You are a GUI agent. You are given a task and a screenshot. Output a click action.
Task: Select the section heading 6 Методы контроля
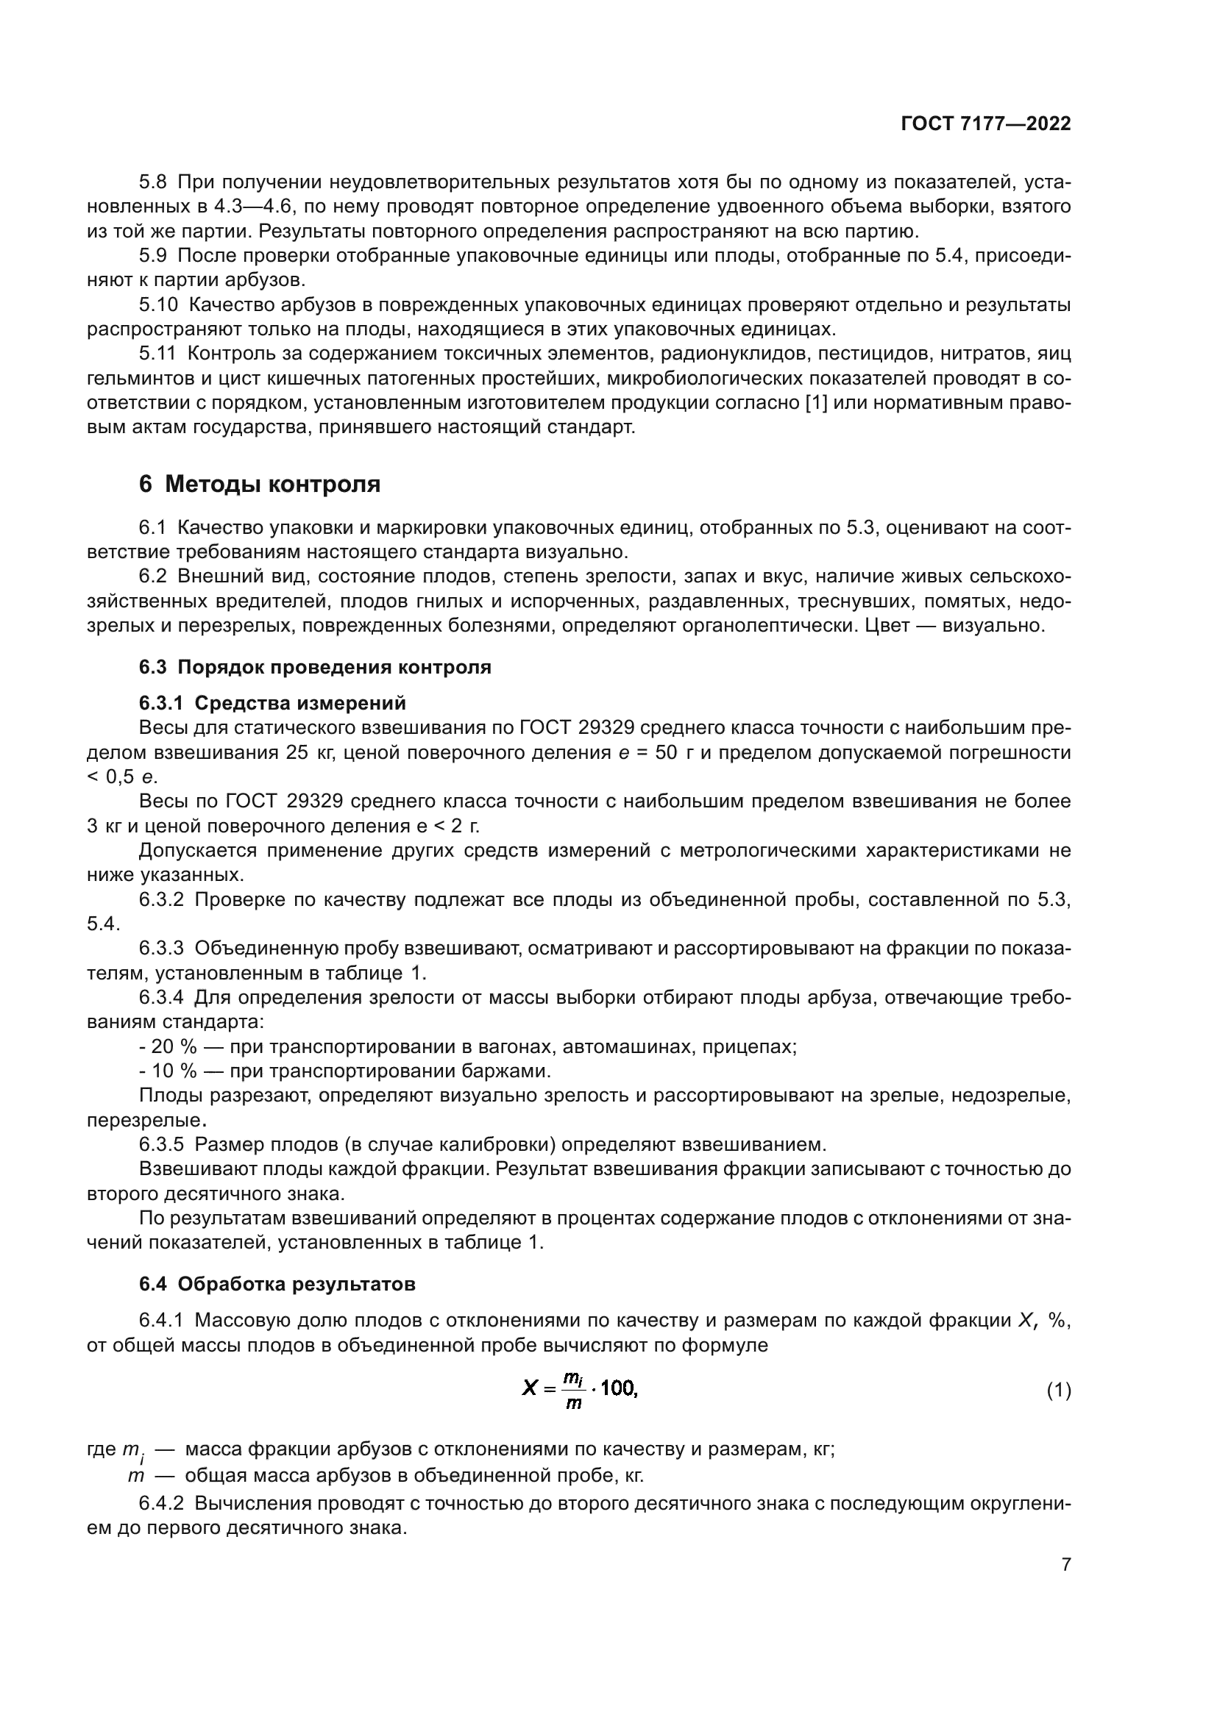259,485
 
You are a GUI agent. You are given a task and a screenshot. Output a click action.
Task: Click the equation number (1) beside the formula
1058,1391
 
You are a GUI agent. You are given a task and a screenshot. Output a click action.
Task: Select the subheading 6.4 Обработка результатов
277,1284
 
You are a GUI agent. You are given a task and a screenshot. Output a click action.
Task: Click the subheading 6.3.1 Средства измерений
272,703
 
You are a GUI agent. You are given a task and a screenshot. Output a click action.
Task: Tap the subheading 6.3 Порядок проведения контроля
315,667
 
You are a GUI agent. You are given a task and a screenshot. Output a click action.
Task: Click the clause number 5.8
155,182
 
